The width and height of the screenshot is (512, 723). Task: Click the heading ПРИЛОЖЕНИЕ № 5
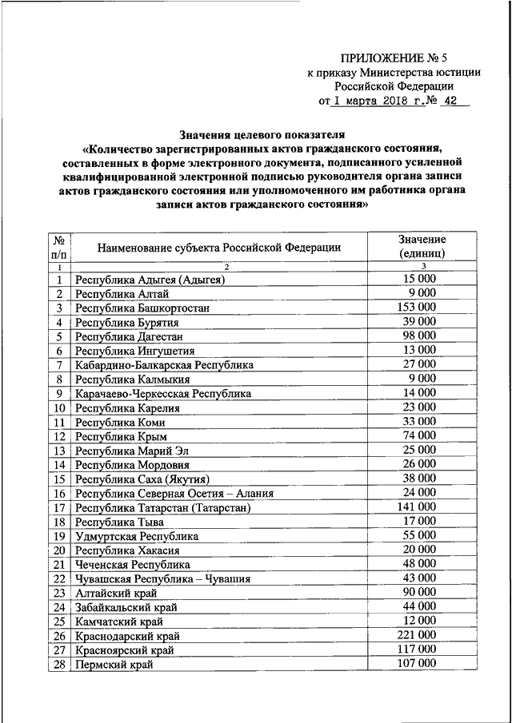click(394, 58)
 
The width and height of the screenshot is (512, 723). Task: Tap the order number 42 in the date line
click(451, 102)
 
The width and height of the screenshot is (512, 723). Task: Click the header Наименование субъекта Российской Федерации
click(219, 248)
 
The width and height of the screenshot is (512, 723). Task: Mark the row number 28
click(58, 664)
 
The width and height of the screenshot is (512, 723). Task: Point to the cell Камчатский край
click(118, 622)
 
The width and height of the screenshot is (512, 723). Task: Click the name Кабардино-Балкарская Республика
click(164, 364)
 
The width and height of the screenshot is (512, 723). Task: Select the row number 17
click(58, 507)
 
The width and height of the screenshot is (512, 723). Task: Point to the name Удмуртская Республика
click(137, 536)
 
